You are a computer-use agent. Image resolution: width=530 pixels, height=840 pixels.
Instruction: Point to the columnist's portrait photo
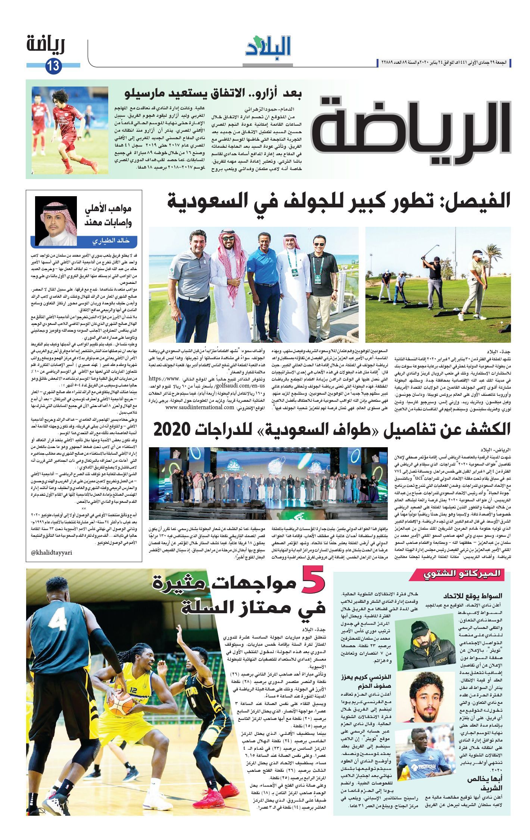pos(56,221)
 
